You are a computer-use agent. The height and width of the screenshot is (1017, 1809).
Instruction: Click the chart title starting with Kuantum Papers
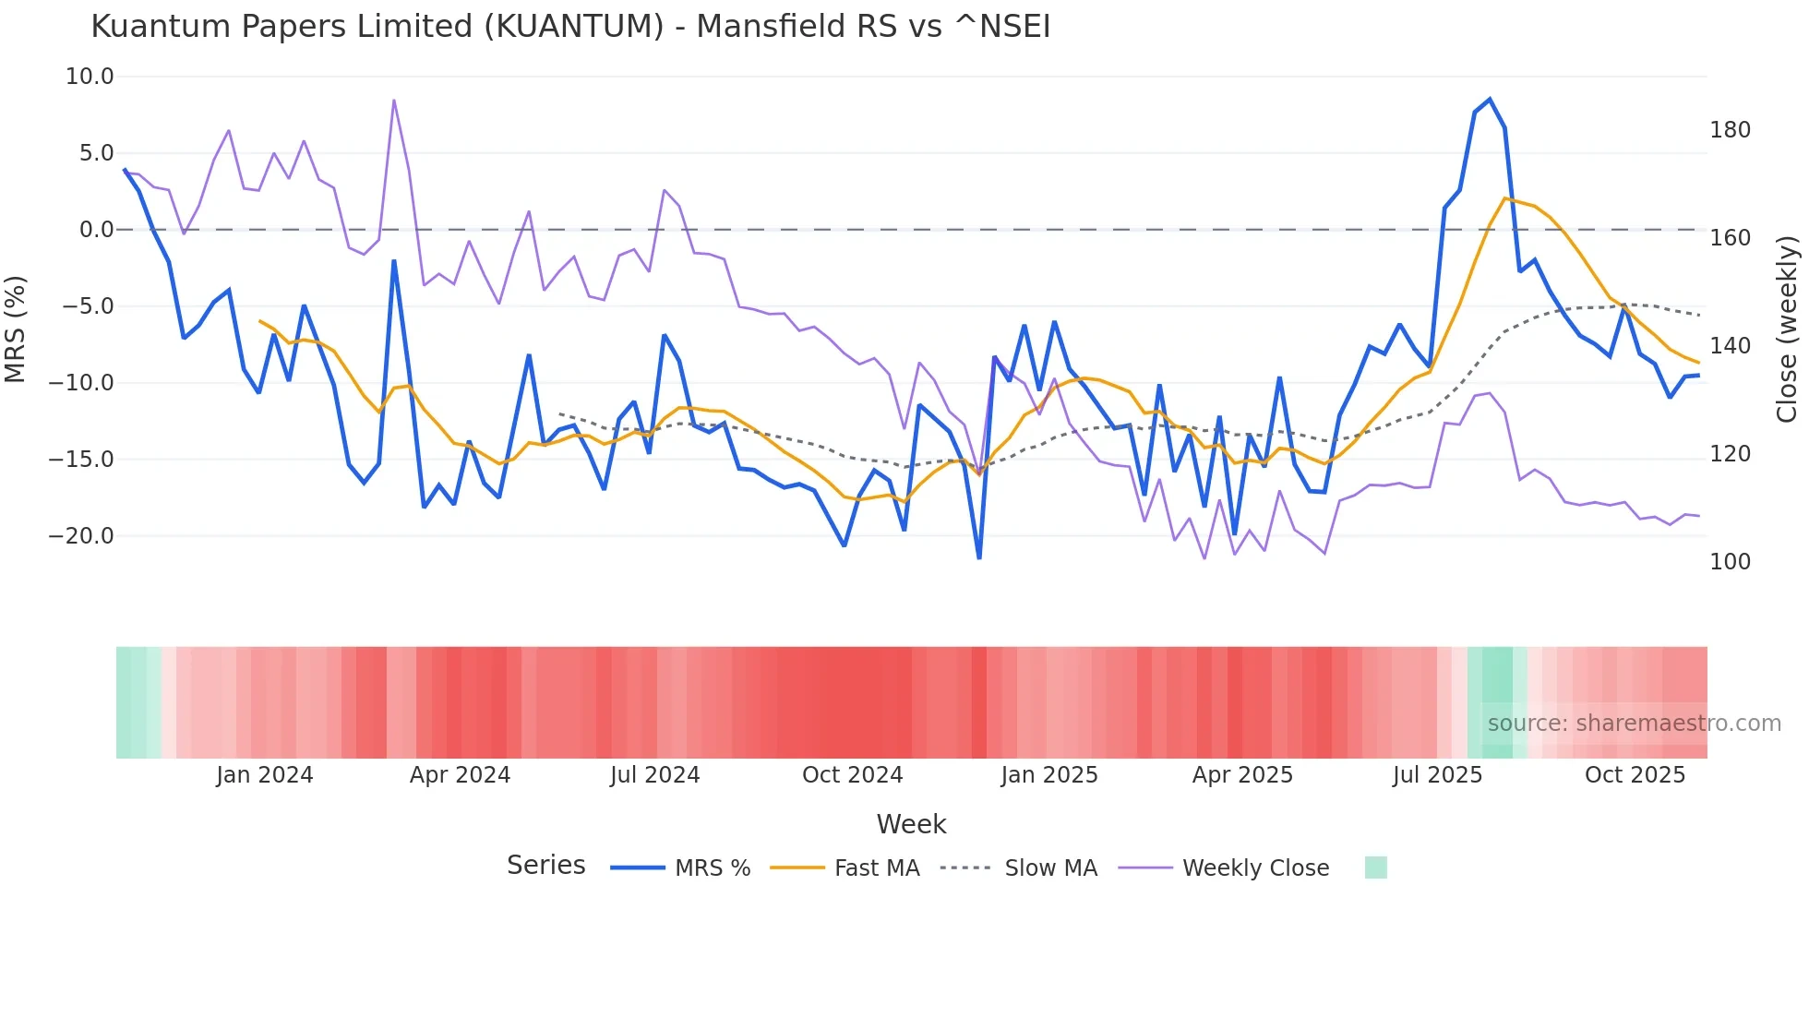point(570,27)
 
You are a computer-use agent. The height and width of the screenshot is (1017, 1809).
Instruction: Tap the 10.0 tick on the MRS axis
point(90,77)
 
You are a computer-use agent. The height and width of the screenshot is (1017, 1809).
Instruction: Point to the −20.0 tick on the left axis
point(81,536)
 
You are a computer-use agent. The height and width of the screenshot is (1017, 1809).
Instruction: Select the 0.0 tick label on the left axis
point(96,230)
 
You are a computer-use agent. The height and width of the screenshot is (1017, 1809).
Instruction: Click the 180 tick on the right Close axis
point(1730,130)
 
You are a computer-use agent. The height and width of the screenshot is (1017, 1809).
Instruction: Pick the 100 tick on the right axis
point(1730,562)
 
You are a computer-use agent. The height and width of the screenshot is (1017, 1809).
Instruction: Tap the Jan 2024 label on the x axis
point(265,775)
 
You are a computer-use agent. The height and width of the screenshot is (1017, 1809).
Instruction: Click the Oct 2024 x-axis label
point(852,775)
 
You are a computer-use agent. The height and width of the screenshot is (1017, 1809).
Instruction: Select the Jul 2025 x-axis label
point(1437,775)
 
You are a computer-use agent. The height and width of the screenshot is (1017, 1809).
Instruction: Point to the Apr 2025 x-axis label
point(1242,775)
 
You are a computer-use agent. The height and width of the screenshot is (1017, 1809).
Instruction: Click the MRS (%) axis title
point(16,329)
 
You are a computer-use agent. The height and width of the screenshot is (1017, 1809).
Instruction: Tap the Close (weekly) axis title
point(1787,329)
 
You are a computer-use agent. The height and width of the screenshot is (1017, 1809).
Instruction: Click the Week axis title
point(911,824)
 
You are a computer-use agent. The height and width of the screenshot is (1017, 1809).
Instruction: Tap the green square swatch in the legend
point(1375,867)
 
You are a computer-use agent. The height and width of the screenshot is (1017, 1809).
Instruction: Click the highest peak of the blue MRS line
point(1490,100)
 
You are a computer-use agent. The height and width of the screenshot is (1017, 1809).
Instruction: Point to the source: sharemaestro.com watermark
point(1634,724)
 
